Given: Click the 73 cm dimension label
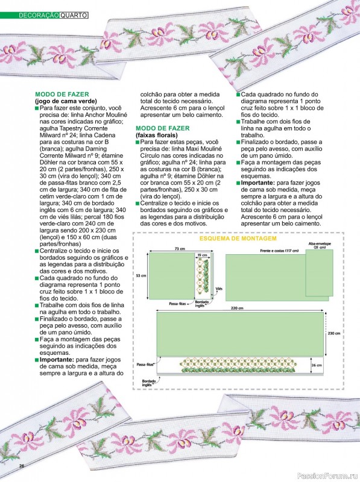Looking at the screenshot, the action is pyautogui.click(x=180, y=249).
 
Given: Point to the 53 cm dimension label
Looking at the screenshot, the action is pyautogui.click(x=141, y=276).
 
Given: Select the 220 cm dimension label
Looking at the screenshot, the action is pyautogui.click(x=237, y=308).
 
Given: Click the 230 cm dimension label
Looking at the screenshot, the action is pyautogui.click(x=334, y=333).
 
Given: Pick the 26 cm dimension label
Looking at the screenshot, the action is pyautogui.click(x=317, y=365).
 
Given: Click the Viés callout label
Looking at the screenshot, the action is pyautogui.click(x=219, y=289).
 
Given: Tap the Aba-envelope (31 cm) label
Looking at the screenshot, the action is pyautogui.click(x=320, y=245).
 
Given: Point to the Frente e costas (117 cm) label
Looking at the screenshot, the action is pyautogui.click(x=279, y=251).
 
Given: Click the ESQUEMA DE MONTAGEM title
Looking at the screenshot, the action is pyautogui.click(x=238, y=239).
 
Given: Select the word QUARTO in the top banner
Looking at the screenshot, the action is pyautogui.click(x=74, y=15).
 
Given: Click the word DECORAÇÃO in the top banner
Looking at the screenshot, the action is pyautogui.click(x=39, y=15).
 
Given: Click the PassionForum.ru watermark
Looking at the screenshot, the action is pyautogui.click(x=332, y=476).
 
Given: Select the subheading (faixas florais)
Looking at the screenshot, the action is pyautogui.click(x=157, y=135).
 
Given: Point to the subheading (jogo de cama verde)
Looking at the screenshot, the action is pyautogui.click(x=66, y=101).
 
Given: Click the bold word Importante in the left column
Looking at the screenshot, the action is pyautogui.click(x=57, y=360).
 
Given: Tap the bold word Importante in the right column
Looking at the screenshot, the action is pyautogui.click(x=258, y=183).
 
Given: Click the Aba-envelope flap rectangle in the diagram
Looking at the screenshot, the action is pyautogui.click(x=320, y=273).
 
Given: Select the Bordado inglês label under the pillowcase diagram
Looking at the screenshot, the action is pyautogui.click(x=201, y=304).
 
